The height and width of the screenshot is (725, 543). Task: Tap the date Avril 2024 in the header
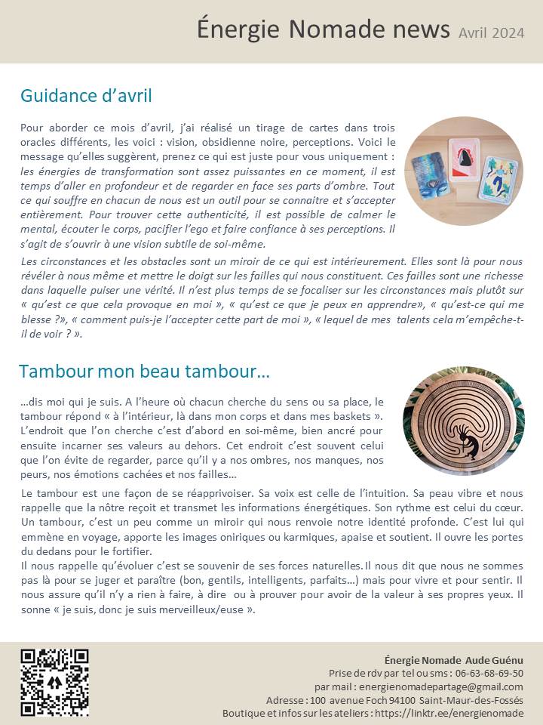coord(491,33)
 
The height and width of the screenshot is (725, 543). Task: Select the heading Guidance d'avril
coord(86,96)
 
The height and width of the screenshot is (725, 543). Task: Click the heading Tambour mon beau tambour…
coord(145,372)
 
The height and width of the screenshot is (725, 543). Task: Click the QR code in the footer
coord(54,682)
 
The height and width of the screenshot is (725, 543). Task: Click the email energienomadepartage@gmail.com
coord(440,686)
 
